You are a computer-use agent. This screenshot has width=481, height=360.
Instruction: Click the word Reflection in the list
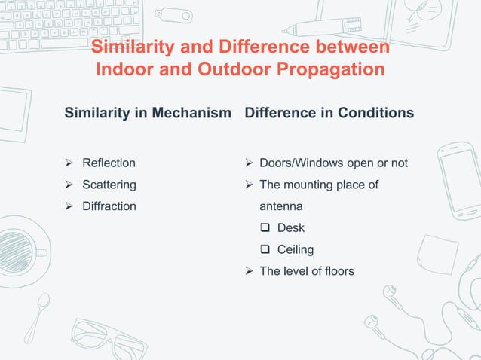click(109, 163)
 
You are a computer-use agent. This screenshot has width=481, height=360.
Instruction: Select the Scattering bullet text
click(109, 185)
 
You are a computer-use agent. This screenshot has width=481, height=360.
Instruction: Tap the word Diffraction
click(109, 206)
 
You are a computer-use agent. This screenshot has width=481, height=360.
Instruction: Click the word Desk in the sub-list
click(291, 227)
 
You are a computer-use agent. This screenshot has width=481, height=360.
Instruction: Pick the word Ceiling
click(296, 249)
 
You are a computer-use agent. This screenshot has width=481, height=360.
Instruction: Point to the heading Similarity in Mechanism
click(148, 113)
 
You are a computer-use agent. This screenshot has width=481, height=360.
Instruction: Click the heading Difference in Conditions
click(329, 113)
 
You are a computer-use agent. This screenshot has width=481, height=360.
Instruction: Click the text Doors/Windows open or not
click(333, 163)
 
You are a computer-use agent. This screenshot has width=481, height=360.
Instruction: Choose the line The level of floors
click(306, 270)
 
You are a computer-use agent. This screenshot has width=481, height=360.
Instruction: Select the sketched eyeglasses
click(106, 338)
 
